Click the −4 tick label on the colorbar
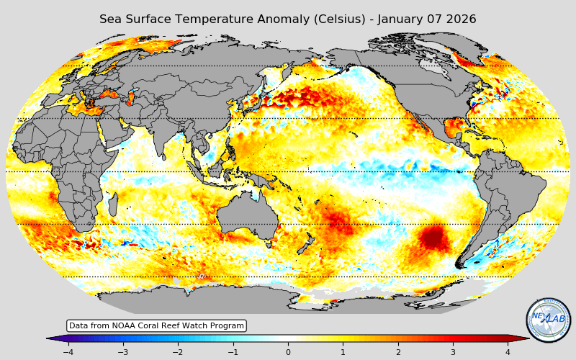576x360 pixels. [x=68, y=352]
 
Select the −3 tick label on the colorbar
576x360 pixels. [x=123, y=352]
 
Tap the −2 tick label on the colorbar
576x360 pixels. [x=178, y=352]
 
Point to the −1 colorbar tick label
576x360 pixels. [x=233, y=352]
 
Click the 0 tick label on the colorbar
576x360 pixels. [x=288, y=352]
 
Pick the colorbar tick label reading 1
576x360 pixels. [x=343, y=352]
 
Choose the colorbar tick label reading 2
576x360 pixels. [x=397, y=352]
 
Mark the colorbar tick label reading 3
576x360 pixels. [x=453, y=352]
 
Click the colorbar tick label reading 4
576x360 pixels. [x=508, y=352]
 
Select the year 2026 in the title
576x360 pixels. [x=461, y=19]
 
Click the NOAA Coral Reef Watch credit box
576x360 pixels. [x=156, y=325]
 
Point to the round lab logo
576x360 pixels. [x=548, y=320]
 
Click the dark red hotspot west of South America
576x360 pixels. [x=433, y=237]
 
